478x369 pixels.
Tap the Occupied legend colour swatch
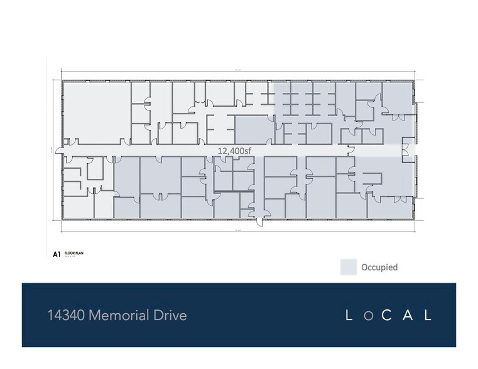[349, 267]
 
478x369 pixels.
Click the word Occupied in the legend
[379, 267]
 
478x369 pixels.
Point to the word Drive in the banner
[171, 315]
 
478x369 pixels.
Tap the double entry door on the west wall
[60, 151]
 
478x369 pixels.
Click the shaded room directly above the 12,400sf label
[254, 129]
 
